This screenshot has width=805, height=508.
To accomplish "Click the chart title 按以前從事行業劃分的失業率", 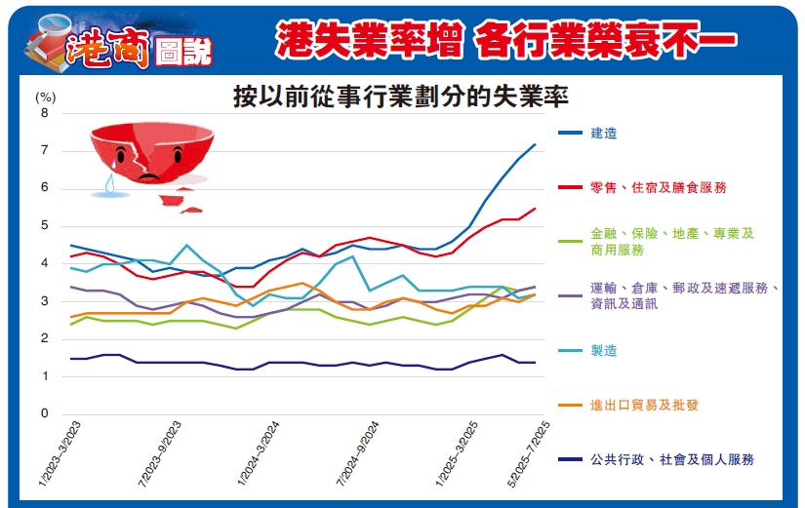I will pyautogui.click(x=400, y=98).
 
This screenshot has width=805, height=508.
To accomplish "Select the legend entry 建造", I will pyautogui.click(x=604, y=134).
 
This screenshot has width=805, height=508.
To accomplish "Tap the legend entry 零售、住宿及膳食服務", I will pyautogui.click(x=659, y=187).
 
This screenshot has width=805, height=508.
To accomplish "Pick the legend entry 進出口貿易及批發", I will pyautogui.click(x=645, y=405).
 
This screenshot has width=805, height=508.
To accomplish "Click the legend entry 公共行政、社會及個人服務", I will pyautogui.click(x=672, y=459).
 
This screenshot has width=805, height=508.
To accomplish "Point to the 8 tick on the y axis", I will pyautogui.click(x=44, y=113).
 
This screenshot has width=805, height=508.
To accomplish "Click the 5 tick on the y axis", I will pyautogui.click(x=44, y=226).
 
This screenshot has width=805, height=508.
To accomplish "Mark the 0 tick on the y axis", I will pyautogui.click(x=44, y=414).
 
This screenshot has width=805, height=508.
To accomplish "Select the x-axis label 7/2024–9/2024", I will pyautogui.click(x=356, y=450).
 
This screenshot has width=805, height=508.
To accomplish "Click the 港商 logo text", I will pyautogui.click(x=107, y=44).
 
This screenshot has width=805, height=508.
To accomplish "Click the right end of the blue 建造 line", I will pyautogui.click(x=535, y=144).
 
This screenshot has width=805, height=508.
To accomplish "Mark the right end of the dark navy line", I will pyautogui.click(x=535, y=362).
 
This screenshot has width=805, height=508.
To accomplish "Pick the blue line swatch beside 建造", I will pyautogui.click(x=571, y=134).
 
